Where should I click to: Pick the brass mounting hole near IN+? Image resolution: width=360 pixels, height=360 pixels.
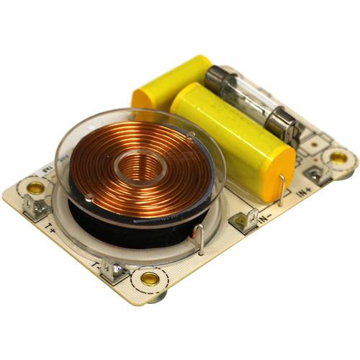[338, 157]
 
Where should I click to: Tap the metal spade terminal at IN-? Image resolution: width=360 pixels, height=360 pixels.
[246, 218]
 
